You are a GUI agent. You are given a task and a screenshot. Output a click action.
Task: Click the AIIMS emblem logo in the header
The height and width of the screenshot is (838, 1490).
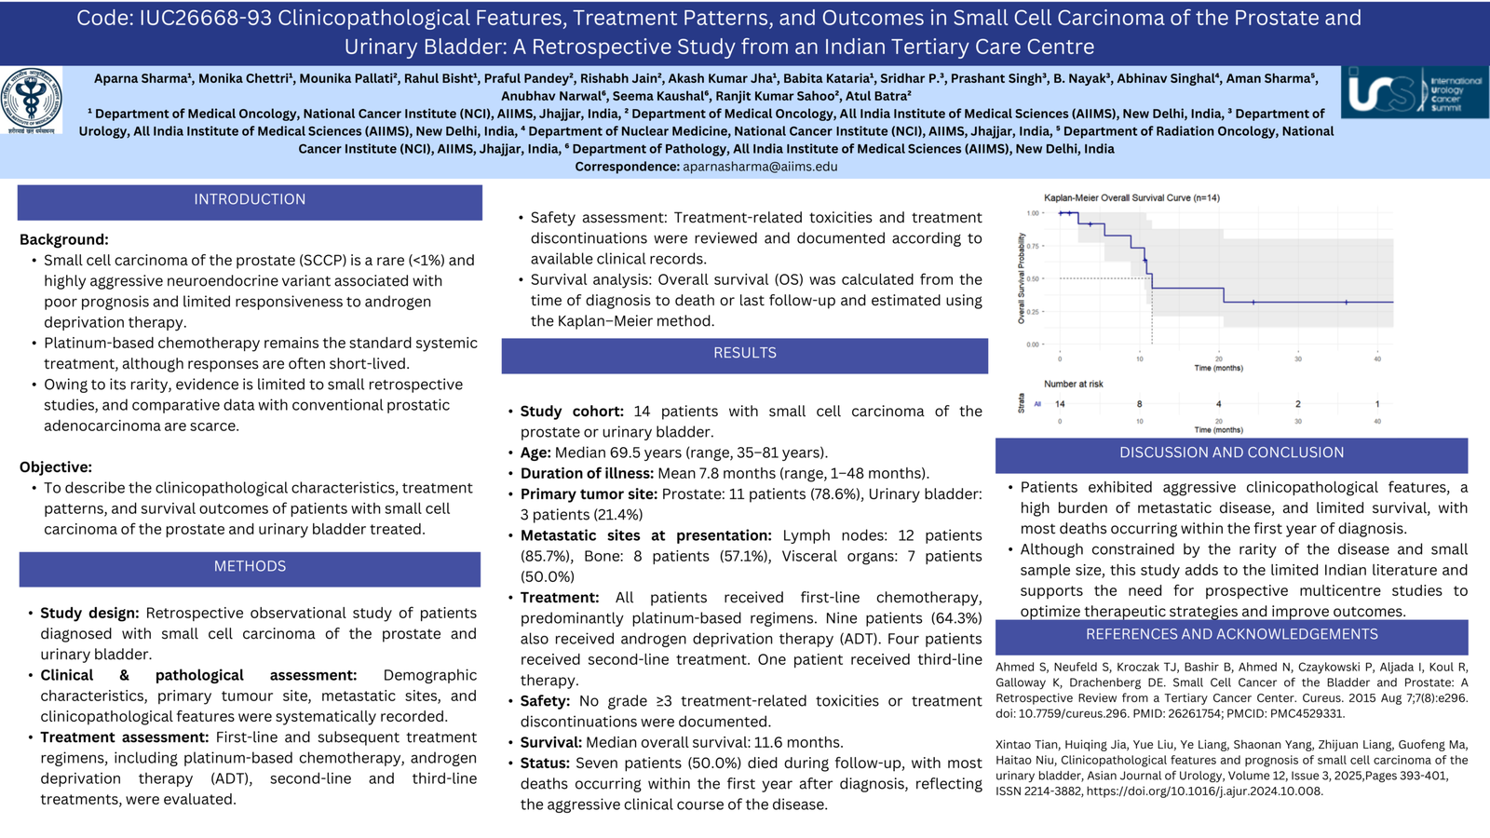click(x=32, y=101)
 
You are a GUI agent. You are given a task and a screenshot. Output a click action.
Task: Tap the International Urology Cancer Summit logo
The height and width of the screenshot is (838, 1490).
click(x=1415, y=92)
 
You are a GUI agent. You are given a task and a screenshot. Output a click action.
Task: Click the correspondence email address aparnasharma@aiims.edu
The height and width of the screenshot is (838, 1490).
click(x=760, y=167)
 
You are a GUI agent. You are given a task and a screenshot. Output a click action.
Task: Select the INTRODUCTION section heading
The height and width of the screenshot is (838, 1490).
click(x=250, y=199)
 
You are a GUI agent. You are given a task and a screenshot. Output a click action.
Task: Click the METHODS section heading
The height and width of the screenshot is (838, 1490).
click(x=250, y=567)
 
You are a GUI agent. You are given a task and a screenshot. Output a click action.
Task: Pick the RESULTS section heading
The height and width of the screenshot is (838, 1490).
click(x=744, y=353)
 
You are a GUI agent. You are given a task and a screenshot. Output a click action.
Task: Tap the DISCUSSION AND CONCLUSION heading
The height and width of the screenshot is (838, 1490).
click(x=1231, y=453)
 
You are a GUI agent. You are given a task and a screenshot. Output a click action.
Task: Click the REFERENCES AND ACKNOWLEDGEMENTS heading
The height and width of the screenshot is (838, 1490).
click(x=1231, y=634)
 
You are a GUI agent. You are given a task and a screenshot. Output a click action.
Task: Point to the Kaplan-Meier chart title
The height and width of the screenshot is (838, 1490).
click(x=1131, y=197)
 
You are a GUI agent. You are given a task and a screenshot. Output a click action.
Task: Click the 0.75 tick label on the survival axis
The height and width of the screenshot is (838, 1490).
click(x=1033, y=246)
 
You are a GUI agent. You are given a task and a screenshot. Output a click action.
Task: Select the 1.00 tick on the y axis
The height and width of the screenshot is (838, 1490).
click(x=1033, y=213)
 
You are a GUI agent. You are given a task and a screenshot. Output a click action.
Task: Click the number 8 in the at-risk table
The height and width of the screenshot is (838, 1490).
click(x=1140, y=404)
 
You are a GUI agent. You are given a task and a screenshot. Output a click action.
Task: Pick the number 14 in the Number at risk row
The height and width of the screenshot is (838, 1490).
click(x=1060, y=404)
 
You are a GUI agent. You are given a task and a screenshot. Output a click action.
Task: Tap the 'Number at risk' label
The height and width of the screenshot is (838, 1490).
click(x=1074, y=384)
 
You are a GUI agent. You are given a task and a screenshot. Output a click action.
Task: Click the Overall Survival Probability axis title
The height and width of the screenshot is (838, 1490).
click(x=1021, y=278)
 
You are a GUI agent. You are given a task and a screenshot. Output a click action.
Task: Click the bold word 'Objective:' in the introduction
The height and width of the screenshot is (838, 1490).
click(x=56, y=466)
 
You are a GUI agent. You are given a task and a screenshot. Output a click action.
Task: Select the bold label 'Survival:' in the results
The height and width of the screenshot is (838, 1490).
click(x=550, y=742)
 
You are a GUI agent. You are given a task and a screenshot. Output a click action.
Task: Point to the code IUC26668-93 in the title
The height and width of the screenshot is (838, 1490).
click(x=206, y=18)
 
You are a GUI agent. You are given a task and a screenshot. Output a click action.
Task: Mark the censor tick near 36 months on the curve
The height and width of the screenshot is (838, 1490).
click(x=1347, y=303)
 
